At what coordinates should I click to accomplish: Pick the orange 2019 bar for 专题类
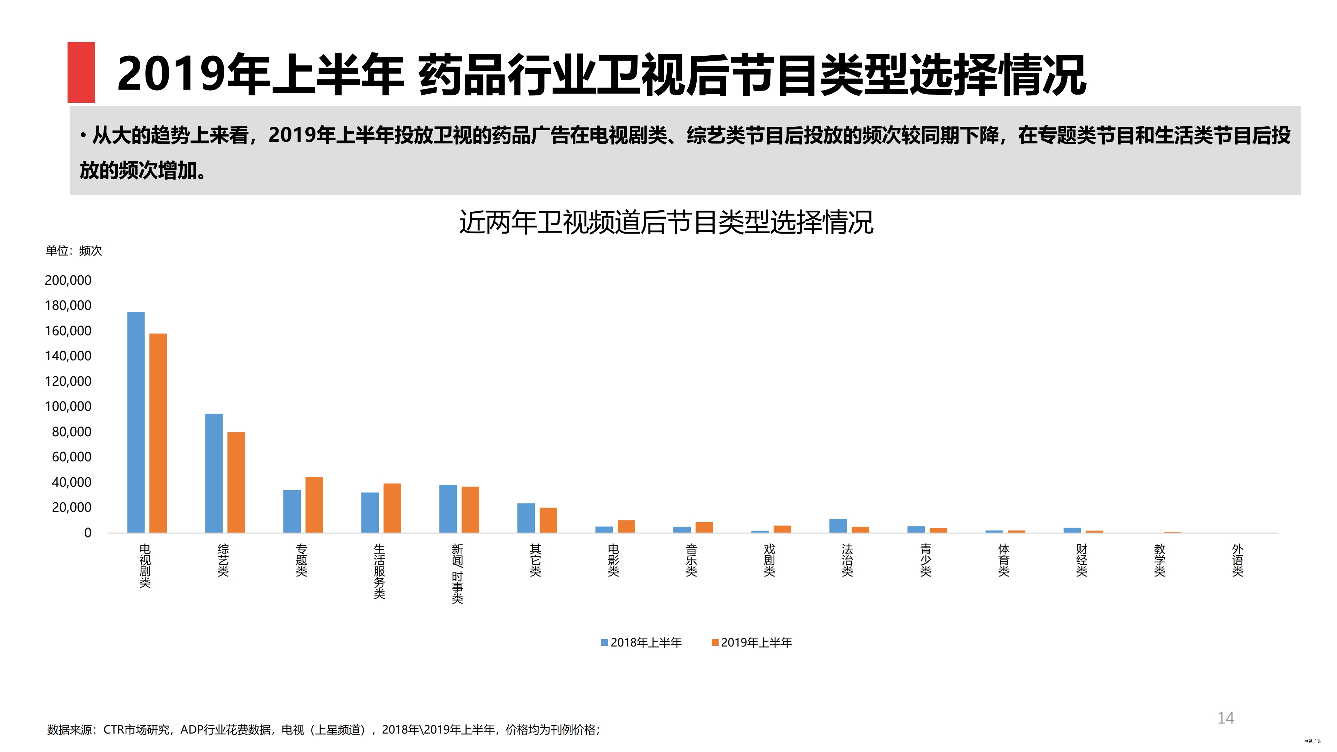[314, 504]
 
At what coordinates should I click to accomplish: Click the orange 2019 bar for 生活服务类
[392, 508]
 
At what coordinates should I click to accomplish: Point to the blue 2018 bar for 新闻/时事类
[448, 509]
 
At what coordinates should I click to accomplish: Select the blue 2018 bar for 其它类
[526, 518]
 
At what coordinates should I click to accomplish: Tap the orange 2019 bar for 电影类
[626, 526]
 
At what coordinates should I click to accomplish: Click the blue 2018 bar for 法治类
[838, 526]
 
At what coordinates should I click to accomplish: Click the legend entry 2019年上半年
[752, 642]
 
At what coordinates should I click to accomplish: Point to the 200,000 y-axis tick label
[68, 280]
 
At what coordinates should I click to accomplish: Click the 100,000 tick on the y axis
[68, 406]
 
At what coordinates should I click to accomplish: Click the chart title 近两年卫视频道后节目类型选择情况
[666, 223]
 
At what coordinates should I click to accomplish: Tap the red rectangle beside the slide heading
[81, 72]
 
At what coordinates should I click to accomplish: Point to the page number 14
[1226, 718]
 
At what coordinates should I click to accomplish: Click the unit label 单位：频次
[74, 251]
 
